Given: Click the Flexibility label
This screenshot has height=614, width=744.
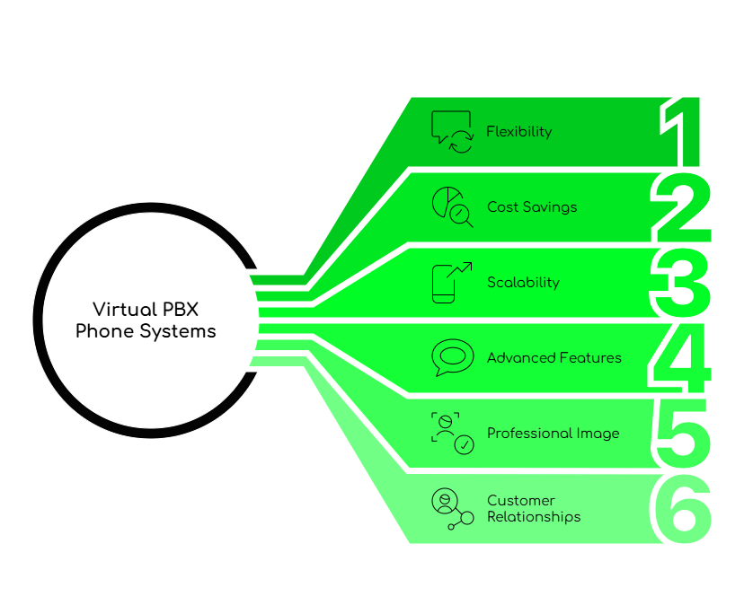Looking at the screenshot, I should pos(519,132).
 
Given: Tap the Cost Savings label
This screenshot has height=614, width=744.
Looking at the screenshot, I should pos(532,207).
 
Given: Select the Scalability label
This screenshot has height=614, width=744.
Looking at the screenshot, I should pos(523,283).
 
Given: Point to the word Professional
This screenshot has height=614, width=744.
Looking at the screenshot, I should pos(527,434).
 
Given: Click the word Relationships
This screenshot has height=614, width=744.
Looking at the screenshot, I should pos(534,517).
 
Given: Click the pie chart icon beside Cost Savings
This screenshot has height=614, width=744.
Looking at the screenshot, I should pos(451,206).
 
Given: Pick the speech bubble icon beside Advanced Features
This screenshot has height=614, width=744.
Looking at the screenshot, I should pos(452,357).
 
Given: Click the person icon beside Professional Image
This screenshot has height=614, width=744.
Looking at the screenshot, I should pos(451,433).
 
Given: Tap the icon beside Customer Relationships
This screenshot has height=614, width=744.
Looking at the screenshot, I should pos(451,509).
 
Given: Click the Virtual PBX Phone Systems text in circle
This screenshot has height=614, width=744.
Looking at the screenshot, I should pos(146,320).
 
